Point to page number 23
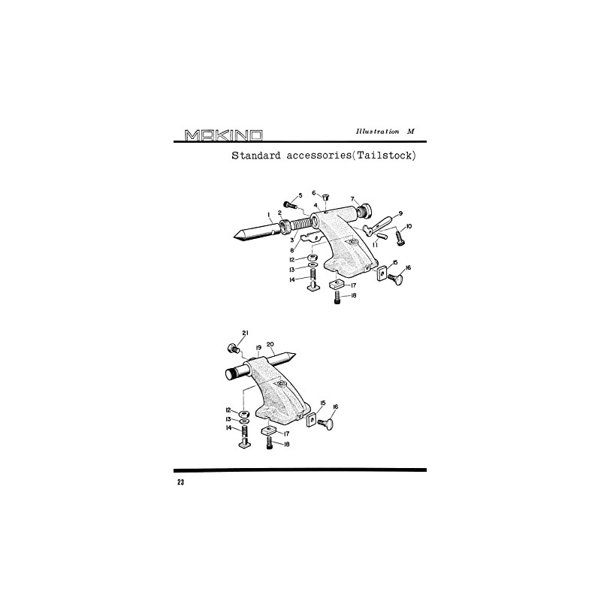click(180, 482)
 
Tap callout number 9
click(400, 213)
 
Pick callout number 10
click(409, 226)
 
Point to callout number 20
click(270, 345)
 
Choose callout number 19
click(258, 348)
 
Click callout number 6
click(313, 192)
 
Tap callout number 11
click(375, 243)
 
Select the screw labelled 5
click(288, 204)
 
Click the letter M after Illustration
click(410, 131)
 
